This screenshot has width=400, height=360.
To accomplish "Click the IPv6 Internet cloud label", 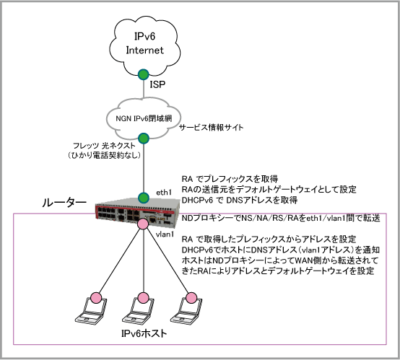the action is tap(144, 43).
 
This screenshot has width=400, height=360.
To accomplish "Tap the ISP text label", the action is tap(157, 84).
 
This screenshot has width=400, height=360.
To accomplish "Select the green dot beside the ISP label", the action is tap(144, 74).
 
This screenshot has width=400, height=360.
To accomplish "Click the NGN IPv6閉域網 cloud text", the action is tap(144, 118).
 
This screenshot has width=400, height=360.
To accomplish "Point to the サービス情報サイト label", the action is tap(212, 127).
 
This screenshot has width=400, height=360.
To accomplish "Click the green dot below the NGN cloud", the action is tap(144, 139).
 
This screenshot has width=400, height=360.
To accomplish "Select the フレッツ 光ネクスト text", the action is tap(104, 146).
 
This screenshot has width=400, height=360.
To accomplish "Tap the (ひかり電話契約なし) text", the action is tap(104, 155).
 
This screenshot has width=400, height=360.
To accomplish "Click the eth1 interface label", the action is tap(164, 192).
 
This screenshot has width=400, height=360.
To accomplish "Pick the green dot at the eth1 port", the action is tap(144, 198).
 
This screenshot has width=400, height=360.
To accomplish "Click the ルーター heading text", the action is tap(64, 203).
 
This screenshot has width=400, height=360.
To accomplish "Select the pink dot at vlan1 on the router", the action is tap(143, 224).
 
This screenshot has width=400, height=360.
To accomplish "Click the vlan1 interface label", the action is tap(165, 234).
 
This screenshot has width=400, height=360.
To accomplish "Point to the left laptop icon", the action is tap(91, 310).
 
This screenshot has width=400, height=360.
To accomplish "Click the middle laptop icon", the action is tap(139, 310).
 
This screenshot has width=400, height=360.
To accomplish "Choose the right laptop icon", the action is tap(186, 310).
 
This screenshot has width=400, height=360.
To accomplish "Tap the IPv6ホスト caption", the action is tap(144, 333).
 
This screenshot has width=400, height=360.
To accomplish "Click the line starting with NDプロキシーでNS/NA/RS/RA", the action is tap(281, 219).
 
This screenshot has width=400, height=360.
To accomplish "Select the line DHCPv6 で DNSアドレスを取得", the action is tap(240, 200).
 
